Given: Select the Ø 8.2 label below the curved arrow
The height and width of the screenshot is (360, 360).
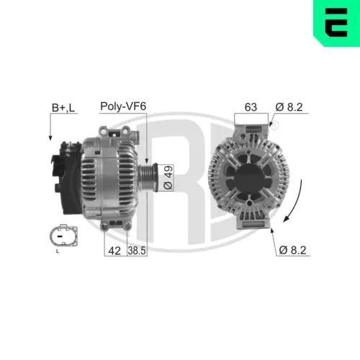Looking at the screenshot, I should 293,251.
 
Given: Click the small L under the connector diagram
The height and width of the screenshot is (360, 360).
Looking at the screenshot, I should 58,252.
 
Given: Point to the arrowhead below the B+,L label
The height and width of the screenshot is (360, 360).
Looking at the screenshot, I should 50,136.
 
